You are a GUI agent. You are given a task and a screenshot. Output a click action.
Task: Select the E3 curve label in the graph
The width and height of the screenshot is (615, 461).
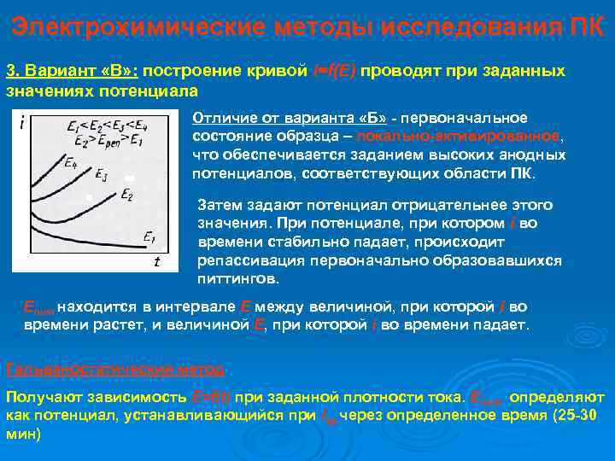pos(101,177)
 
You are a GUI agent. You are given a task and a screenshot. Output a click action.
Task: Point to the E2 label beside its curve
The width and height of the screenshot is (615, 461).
pos(126,195)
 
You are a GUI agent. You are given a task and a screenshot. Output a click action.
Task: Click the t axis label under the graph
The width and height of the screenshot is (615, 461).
pos(156,262)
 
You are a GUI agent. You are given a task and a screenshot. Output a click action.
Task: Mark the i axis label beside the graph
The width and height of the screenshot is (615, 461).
pos(20,124)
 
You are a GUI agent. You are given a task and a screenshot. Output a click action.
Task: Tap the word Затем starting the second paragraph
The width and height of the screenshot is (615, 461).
pos(219,205)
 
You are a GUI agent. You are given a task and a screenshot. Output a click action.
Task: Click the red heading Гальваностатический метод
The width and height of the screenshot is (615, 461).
pos(115,371)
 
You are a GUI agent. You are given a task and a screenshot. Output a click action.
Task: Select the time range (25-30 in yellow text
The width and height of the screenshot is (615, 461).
pos(576,416)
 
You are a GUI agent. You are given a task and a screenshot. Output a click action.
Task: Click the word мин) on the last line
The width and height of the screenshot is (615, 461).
pos(23,434)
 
